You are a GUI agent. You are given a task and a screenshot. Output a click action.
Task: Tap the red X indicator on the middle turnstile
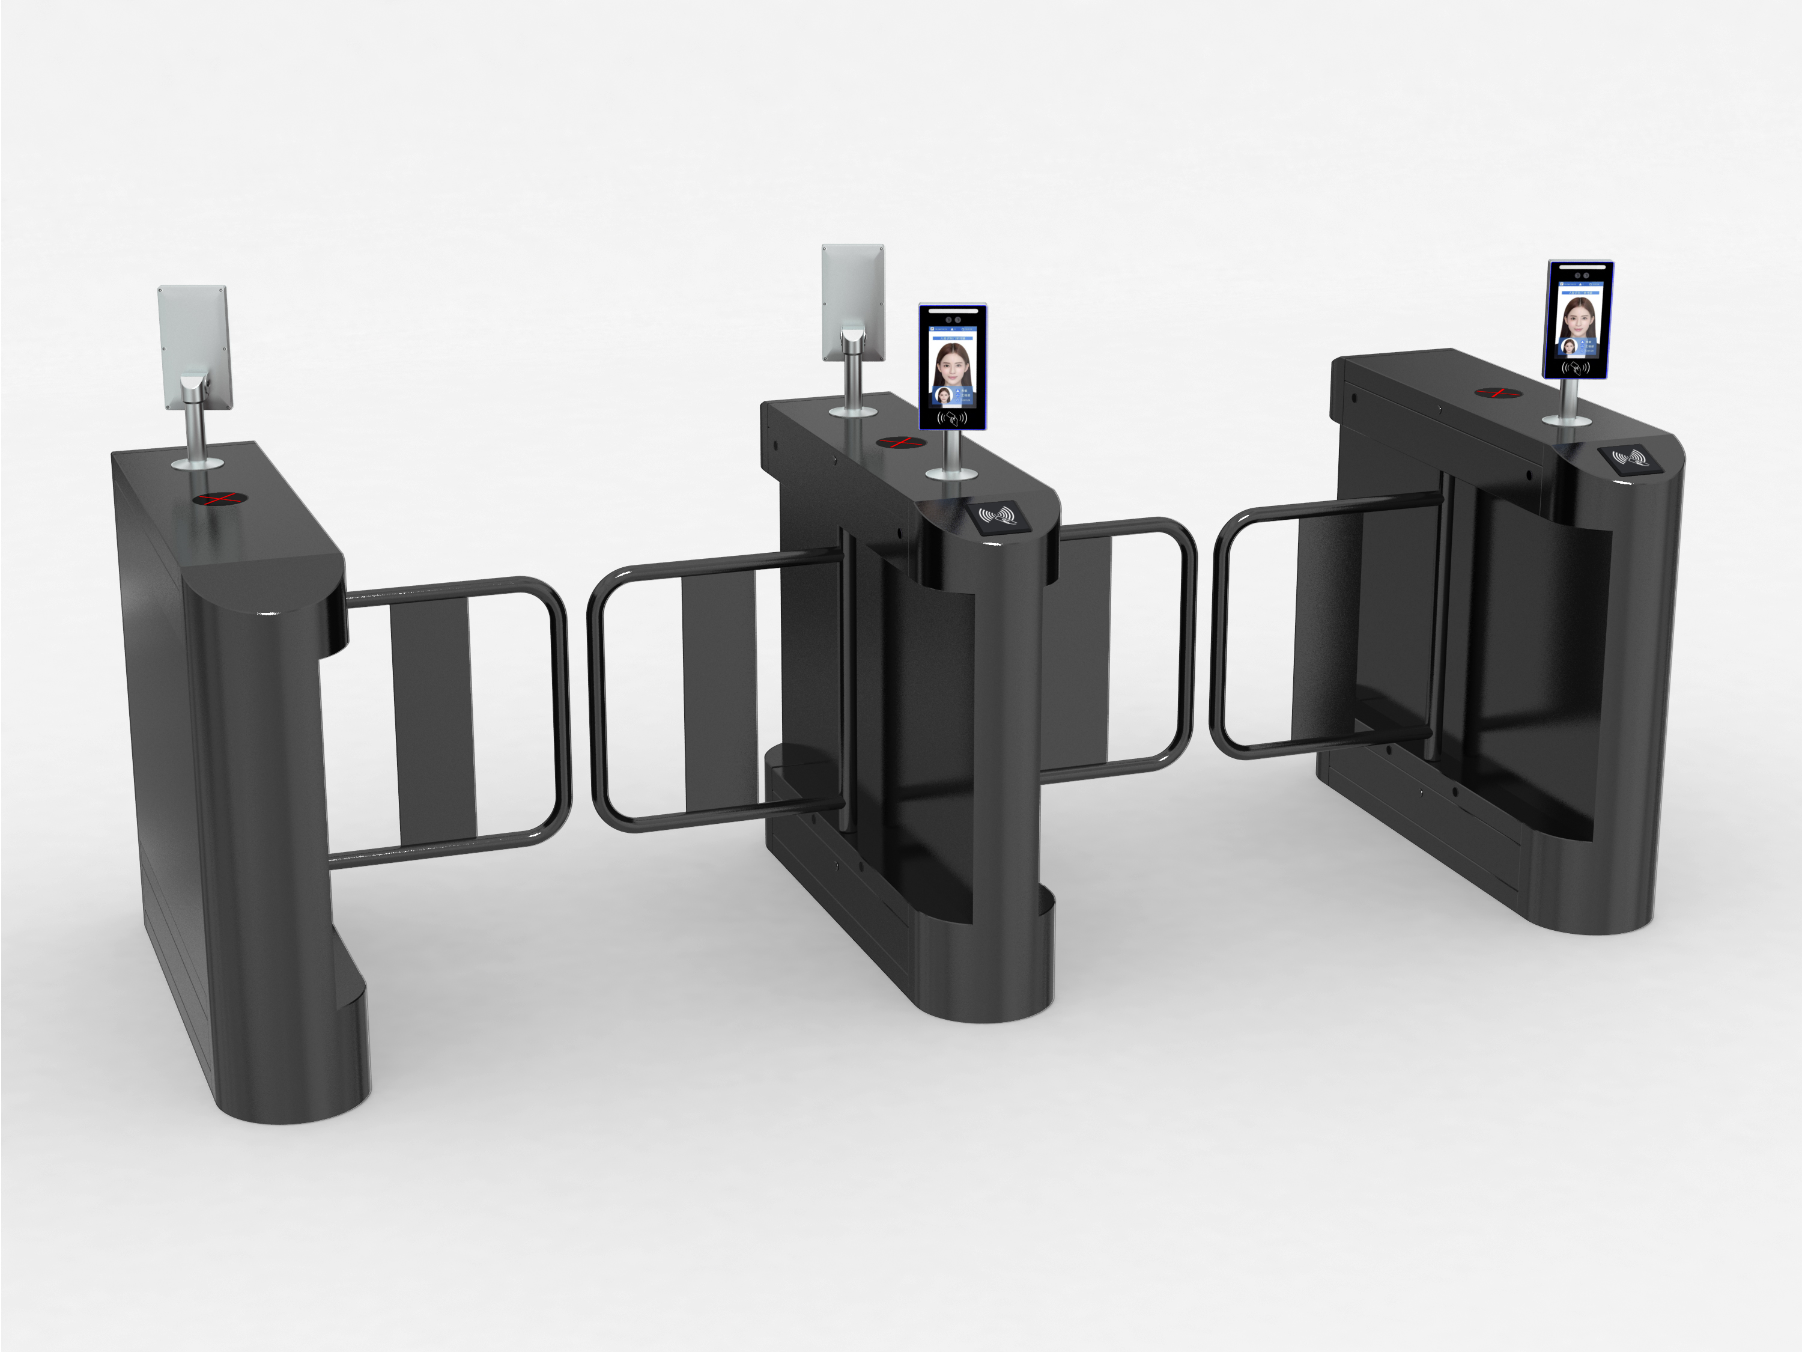point(900,442)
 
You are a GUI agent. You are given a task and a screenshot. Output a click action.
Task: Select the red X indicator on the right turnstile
point(1498,393)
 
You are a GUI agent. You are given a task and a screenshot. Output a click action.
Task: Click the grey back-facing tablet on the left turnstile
point(194,343)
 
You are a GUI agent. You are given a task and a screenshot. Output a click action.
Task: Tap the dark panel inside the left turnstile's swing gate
point(432,717)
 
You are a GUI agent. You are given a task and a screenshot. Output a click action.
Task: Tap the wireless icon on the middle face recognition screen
point(952,418)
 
